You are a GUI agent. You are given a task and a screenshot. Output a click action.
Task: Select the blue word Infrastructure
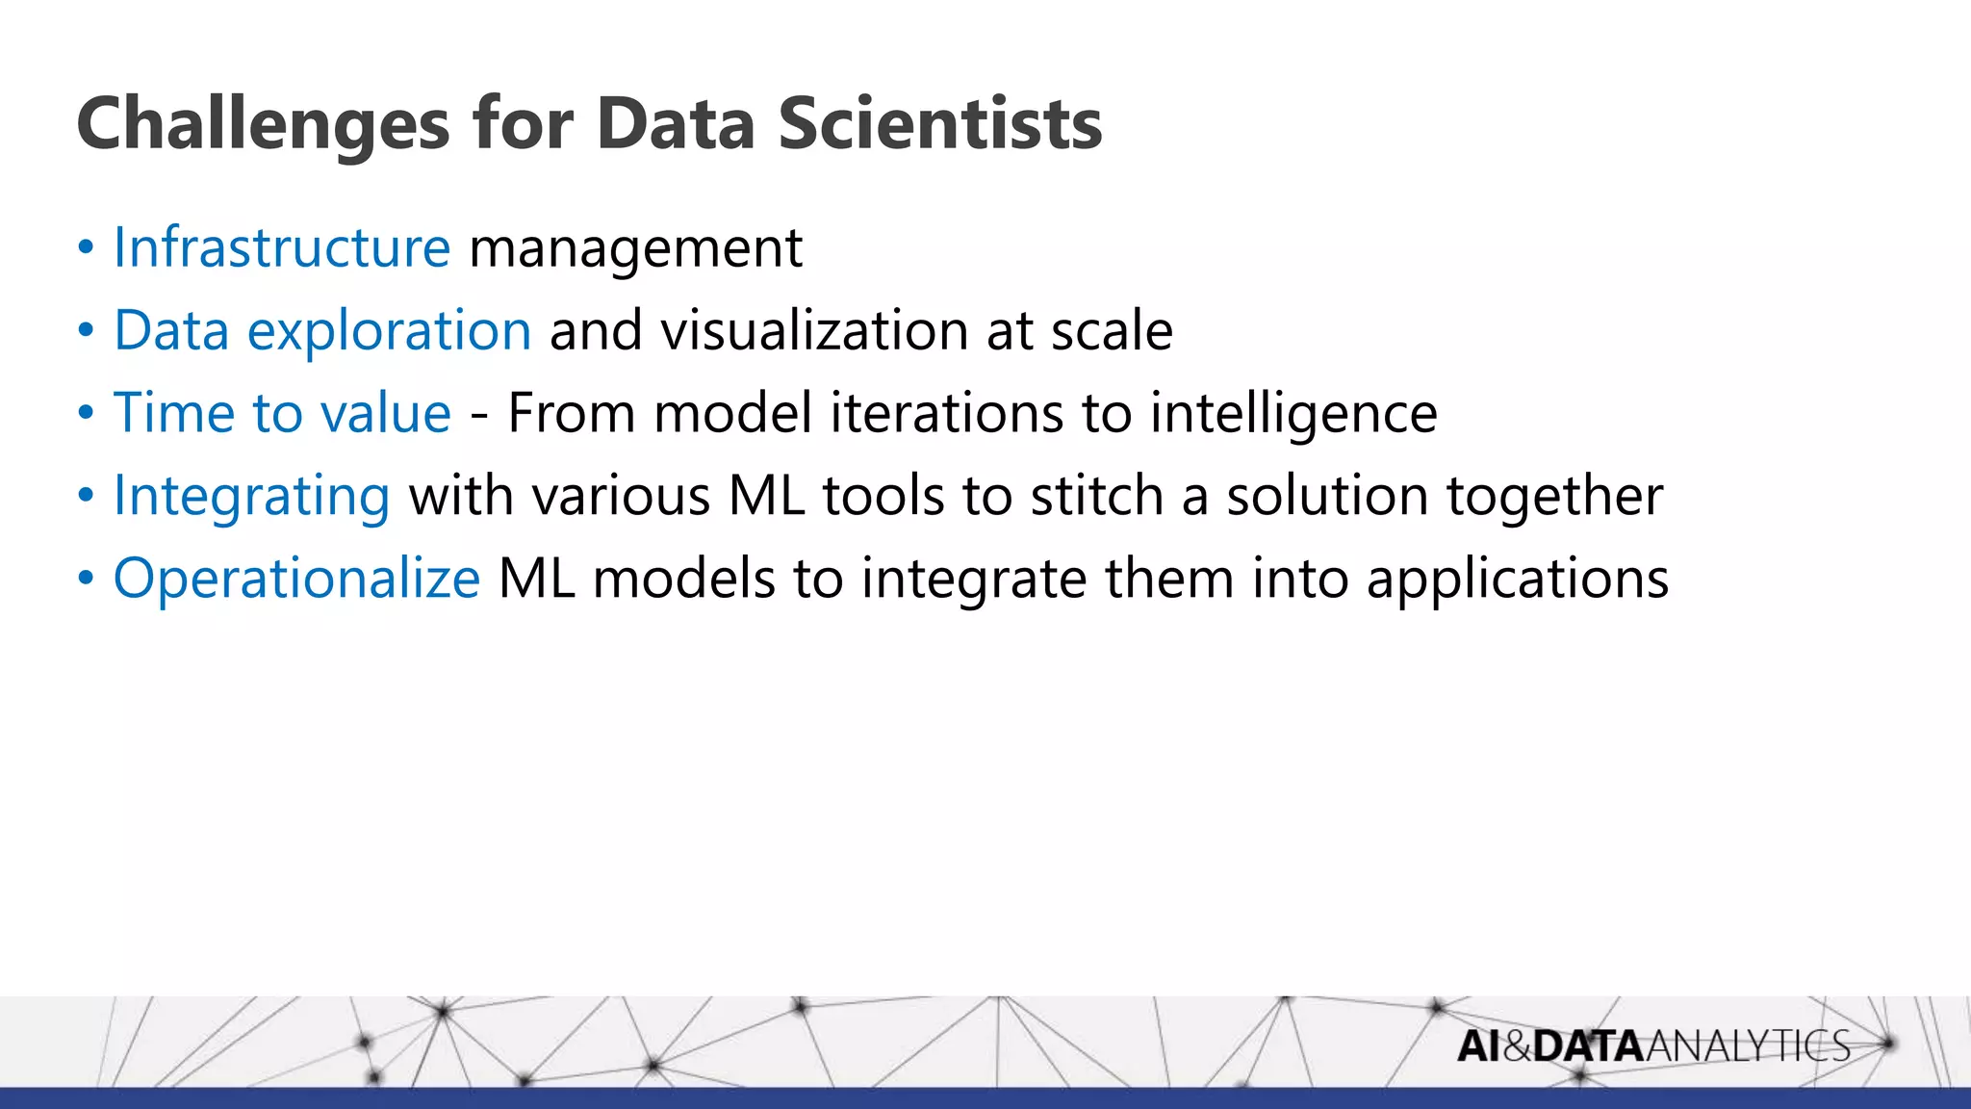[282, 247]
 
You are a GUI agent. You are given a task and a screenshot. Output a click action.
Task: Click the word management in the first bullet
[635, 249]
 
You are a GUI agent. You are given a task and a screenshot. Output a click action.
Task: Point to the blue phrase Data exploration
[322, 331]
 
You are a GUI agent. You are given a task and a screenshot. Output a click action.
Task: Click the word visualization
[814, 331]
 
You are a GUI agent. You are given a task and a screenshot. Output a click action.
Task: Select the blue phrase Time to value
[282, 414]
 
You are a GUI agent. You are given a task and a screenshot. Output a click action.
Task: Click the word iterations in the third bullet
[946, 414]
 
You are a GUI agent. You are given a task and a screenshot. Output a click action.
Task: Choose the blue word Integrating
[252, 498]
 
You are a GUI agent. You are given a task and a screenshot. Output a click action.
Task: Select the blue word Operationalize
[296, 580]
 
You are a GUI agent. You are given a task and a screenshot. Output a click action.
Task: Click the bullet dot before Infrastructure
[87, 248]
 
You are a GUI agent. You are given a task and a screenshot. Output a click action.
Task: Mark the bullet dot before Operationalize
[87, 580]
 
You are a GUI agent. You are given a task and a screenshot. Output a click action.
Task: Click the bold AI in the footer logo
[1478, 1046]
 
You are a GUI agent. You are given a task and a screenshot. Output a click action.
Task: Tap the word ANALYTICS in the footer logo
[1748, 1046]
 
